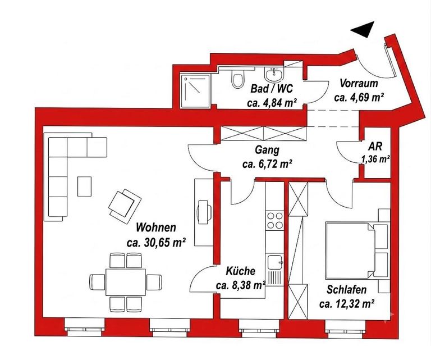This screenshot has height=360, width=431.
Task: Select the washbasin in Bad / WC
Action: pos(273,74)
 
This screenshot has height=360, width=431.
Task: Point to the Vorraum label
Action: pos(359,83)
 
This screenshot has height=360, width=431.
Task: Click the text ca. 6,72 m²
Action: pos(267,164)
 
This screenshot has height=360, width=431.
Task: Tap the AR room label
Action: pos(375,147)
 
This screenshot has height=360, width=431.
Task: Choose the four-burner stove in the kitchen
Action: pos(274,221)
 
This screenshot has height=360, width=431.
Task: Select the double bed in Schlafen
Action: pos(350,250)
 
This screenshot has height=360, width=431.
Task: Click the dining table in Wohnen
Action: pos(126,282)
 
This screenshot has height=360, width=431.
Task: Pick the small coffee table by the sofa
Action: pos(84,186)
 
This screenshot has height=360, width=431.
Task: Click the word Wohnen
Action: pos(156,227)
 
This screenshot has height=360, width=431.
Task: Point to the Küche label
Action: pos(241,271)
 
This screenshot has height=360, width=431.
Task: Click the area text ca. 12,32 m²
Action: pos(347,304)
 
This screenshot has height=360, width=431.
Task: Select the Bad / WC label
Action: pos(272,89)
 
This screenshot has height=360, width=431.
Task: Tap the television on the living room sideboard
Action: pos(204,212)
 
